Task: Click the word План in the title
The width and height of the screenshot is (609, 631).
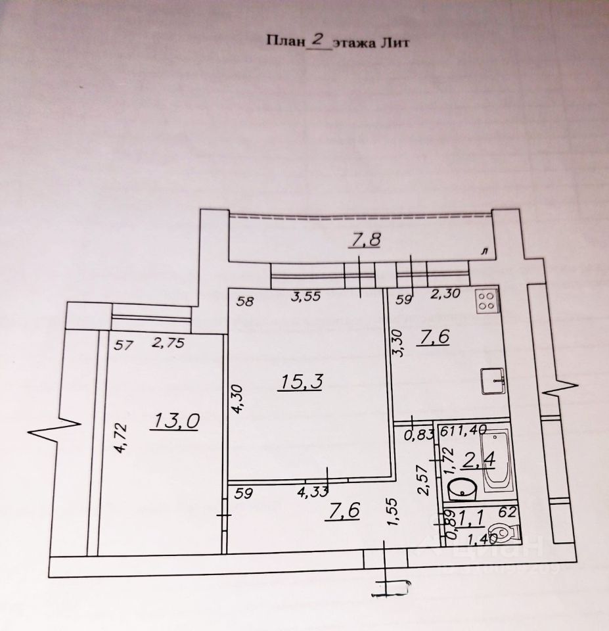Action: pos(285,42)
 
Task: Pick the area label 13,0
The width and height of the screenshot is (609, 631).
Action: pos(174,421)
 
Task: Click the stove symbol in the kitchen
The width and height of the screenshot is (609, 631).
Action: pos(487,301)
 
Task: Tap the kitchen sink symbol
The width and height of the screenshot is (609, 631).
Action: pos(493,381)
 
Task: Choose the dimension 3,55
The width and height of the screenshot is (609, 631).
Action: pos(305,297)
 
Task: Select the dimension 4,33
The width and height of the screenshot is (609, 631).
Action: pos(313,490)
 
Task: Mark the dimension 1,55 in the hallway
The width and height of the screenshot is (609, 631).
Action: pos(392,511)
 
